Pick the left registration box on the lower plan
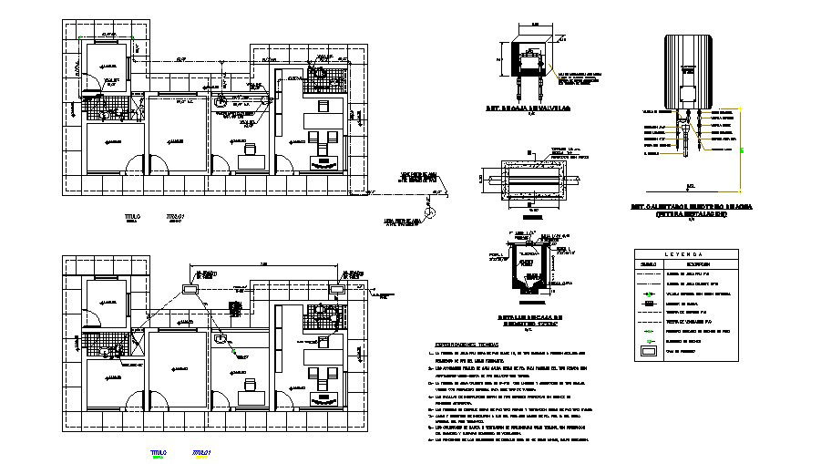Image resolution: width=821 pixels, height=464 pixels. [191, 288]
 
